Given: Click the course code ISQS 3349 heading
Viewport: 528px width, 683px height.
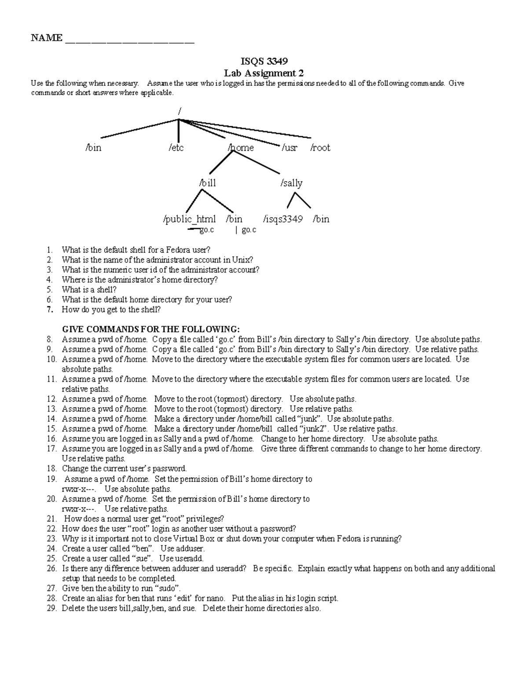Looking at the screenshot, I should (x=264, y=61).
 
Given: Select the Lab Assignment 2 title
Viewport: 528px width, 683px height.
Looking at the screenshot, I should (x=264, y=73).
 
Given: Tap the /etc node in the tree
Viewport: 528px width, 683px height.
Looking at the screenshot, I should (x=176, y=148).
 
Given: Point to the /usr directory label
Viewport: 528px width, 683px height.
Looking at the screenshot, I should (x=290, y=148).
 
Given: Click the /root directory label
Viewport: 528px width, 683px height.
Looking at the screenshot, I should (x=320, y=148).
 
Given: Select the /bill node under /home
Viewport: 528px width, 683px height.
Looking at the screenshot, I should (x=207, y=183).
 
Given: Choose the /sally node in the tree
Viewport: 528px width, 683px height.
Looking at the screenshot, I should (x=291, y=183).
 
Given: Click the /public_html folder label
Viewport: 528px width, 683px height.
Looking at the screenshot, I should (x=189, y=219).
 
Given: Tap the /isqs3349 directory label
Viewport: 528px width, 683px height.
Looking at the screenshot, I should (x=282, y=219).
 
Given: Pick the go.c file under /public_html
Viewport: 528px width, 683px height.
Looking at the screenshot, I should (x=206, y=230).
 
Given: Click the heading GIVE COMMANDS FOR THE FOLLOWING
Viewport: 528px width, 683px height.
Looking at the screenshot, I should (x=151, y=329).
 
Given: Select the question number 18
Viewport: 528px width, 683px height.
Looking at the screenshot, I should (x=51, y=469).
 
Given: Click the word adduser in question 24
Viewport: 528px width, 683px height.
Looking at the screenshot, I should (x=190, y=548).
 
